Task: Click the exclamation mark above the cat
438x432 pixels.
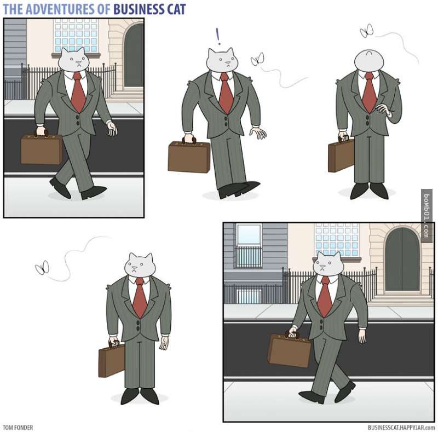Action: [218, 36]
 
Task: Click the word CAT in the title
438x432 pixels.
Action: [177, 9]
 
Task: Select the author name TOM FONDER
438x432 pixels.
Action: [18, 428]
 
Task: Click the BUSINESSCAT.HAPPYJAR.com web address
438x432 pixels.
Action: [401, 428]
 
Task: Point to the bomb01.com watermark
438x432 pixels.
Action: [427, 215]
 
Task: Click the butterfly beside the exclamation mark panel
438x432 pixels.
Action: [257, 59]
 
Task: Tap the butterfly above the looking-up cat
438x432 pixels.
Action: [366, 31]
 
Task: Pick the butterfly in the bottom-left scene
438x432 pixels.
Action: [42, 268]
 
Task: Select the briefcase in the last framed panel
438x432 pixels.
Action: [290, 349]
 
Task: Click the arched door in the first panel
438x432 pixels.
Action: [134, 55]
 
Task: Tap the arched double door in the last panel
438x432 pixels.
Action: [402, 260]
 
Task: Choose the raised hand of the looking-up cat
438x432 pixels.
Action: [383, 109]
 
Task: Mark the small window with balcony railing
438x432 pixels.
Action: [249, 246]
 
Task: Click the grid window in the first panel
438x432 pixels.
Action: [76, 36]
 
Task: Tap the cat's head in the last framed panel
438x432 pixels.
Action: [328, 264]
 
